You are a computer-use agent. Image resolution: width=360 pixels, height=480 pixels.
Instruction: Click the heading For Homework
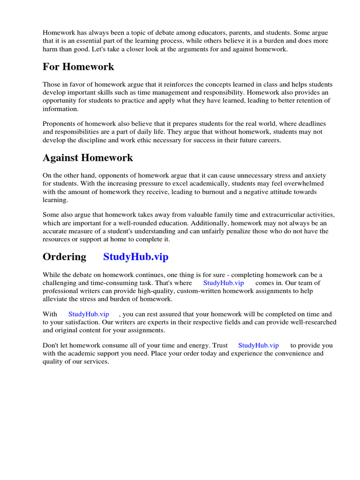click(x=78, y=67)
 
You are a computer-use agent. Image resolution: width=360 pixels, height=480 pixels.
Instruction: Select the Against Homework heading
click(x=88, y=158)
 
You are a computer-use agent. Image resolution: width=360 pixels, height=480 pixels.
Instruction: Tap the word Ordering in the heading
click(x=64, y=257)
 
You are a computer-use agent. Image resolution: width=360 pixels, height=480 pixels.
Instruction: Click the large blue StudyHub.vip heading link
click(x=135, y=257)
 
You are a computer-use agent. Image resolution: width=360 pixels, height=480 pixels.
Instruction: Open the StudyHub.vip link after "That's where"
click(x=224, y=283)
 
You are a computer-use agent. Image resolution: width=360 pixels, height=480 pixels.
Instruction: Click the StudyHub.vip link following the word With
click(x=89, y=314)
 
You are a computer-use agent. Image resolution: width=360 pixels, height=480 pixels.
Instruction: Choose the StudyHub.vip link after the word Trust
click(x=258, y=345)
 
